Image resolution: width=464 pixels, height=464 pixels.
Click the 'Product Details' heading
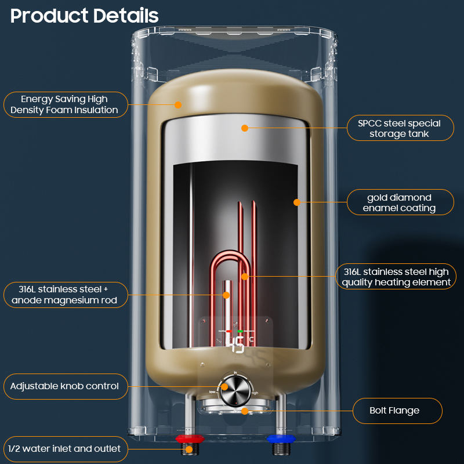85,16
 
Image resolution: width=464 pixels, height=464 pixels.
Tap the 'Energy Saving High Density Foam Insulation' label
66,104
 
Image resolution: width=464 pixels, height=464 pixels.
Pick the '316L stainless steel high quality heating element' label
396,277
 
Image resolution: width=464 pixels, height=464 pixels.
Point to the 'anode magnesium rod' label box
65,294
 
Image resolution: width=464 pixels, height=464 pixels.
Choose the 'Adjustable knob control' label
65,386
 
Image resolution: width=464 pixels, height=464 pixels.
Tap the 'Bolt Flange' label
397,411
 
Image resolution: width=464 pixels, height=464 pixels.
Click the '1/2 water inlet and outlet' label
65,448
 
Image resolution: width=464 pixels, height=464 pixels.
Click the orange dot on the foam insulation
179,105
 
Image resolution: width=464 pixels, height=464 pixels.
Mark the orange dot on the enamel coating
297,202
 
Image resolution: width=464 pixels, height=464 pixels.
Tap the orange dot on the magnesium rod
226,295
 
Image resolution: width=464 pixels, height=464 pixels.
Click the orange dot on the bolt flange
245,411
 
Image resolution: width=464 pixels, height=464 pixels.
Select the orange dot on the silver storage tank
245,128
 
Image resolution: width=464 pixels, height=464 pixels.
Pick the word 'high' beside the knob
255,393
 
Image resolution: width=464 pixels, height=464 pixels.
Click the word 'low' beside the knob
212,392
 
